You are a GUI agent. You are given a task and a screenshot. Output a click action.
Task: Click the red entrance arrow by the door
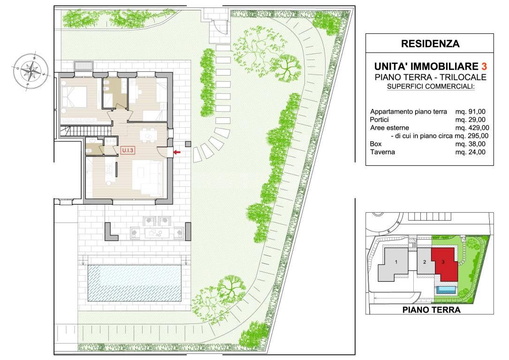[177, 152]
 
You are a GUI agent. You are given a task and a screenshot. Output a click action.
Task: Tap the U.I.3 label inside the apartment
[128, 151]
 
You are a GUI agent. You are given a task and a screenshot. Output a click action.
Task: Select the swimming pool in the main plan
[134, 283]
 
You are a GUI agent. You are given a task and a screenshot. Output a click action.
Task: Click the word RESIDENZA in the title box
[430, 44]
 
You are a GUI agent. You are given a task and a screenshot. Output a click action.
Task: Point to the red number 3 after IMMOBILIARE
[484, 66]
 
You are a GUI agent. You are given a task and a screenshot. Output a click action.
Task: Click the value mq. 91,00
[471, 112]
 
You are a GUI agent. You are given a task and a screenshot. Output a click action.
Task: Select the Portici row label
[379, 120]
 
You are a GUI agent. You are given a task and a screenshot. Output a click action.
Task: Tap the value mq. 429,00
[472, 128]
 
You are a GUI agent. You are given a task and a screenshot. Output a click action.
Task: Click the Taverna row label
[382, 152]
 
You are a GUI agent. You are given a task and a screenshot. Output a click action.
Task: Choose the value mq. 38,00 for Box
[471, 144]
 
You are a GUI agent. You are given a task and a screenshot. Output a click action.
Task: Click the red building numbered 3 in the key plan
[444, 264]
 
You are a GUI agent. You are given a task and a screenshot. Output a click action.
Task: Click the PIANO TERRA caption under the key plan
[432, 310]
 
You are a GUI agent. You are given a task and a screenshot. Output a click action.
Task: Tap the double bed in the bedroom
[76, 96]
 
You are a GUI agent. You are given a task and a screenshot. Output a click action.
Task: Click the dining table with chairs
[148, 134]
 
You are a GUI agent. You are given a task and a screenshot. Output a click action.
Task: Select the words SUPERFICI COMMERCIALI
[431, 87]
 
